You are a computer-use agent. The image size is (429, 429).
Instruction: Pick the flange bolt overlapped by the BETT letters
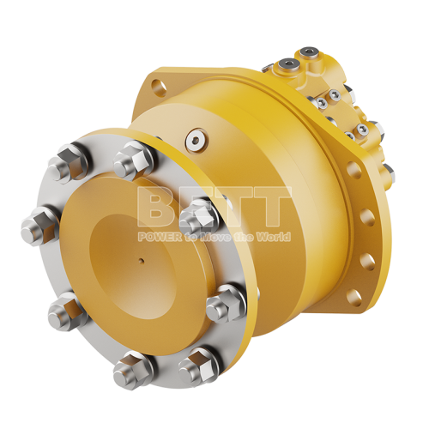(196, 210)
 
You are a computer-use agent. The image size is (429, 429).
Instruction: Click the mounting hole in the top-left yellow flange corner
(155, 86)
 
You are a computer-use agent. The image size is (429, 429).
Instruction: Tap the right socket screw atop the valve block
(317, 57)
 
